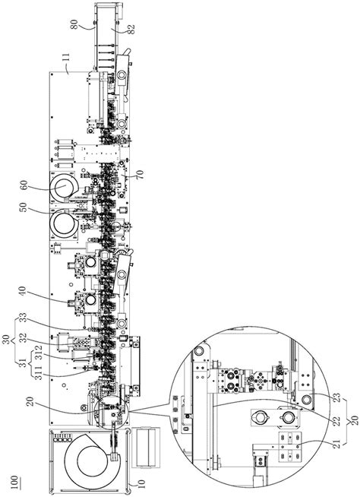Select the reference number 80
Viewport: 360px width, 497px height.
point(74,24)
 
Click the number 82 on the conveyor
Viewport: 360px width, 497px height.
point(131,29)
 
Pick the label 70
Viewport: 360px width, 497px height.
point(140,175)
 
